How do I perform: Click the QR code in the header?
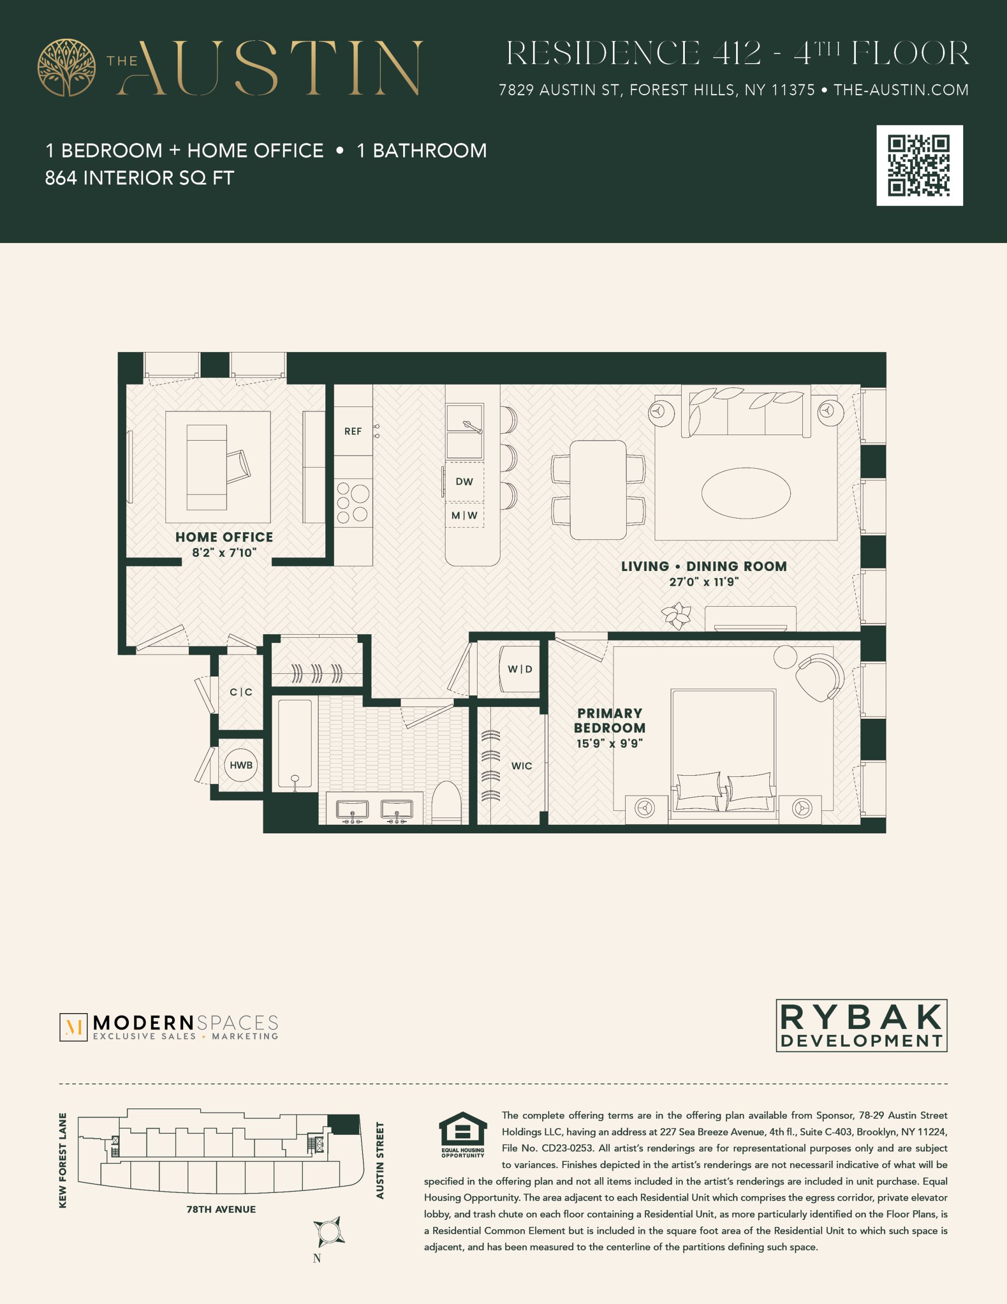[919, 166]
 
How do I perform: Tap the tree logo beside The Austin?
[66, 67]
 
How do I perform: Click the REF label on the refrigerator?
[353, 431]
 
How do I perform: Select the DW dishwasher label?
[464, 481]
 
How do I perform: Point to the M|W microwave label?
[464, 515]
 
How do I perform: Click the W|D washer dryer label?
[520, 669]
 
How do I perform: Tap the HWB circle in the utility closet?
[241, 765]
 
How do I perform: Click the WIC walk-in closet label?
[522, 766]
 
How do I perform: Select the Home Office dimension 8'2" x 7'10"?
[224, 552]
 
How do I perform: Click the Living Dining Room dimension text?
[704, 582]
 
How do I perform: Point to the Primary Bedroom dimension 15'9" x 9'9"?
[609, 743]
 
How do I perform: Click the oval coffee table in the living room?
[745, 493]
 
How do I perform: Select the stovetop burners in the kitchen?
[353, 503]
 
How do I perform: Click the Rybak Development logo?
[861, 1025]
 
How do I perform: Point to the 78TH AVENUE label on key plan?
[221, 1209]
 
